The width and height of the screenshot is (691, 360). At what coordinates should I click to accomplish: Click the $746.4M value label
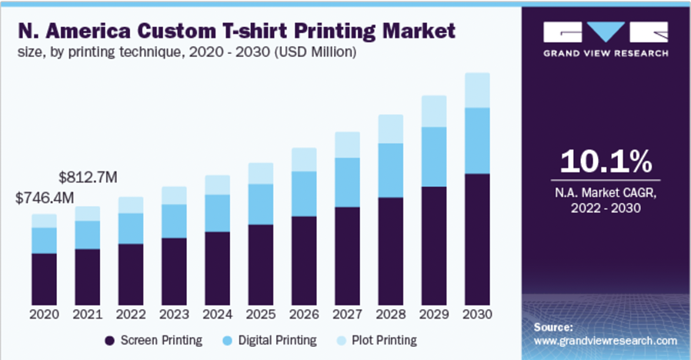click(x=45, y=198)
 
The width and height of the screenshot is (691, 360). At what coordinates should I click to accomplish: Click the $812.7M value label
click(x=88, y=178)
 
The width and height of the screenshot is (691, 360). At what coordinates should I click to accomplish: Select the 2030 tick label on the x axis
click(x=477, y=315)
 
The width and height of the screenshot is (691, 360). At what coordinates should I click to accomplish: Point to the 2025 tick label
click(x=261, y=315)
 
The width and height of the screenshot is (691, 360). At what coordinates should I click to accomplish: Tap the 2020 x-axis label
click(x=45, y=315)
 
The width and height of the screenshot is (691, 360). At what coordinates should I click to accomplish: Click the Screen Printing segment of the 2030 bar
click(x=477, y=238)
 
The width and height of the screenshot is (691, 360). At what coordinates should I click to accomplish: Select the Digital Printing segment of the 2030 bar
click(x=477, y=141)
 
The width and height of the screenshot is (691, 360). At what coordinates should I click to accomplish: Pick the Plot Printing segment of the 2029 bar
click(x=434, y=112)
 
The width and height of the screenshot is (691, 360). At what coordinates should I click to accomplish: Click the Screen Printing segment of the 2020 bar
click(x=45, y=278)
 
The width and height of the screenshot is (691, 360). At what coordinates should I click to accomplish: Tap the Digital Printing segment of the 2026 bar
click(x=304, y=194)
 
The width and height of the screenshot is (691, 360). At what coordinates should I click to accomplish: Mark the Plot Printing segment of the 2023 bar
click(x=174, y=195)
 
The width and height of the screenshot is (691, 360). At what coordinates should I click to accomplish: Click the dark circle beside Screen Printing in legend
click(x=110, y=340)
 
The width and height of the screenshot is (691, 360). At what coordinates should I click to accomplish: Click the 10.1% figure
click(x=606, y=162)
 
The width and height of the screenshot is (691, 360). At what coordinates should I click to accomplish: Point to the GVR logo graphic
click(x=606, y=32)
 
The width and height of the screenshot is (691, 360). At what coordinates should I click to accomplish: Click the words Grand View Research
click(x=606, y=55)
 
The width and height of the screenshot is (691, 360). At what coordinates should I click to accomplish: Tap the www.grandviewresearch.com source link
click(x=605, y=340)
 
